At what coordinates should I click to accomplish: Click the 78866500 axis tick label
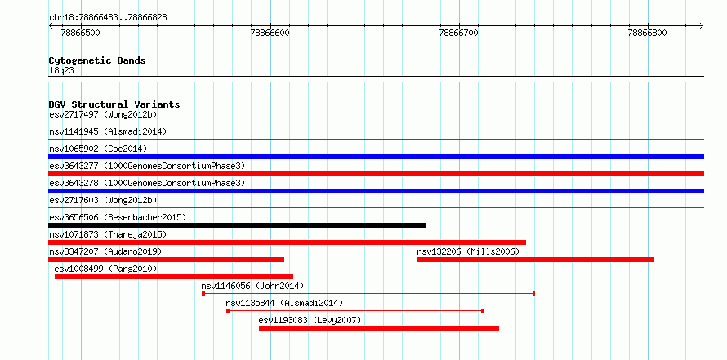tap(81, 33)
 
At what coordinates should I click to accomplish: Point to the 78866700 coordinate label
tap(459, 33)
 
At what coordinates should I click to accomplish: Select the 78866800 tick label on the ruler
tap(647, 33)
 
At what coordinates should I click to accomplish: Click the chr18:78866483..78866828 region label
tap(108, 18)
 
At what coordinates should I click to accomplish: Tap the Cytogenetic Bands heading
tap(97, 60)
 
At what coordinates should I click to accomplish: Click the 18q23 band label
tap(61, 70)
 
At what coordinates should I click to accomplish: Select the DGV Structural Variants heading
tap(114, 104)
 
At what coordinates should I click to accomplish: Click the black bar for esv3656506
tap(237, 225)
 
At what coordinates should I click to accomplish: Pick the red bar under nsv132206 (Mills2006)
tap(536, 260)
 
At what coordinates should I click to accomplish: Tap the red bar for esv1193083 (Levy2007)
tap(379, 328)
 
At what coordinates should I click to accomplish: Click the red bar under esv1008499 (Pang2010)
tap(174, 277)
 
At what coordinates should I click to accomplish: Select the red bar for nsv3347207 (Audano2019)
tap(166, 260)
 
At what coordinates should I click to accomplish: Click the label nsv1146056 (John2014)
tap(252, 286)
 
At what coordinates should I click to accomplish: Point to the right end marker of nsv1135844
tap(483, 311)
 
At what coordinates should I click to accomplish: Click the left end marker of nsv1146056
tap(203, 294)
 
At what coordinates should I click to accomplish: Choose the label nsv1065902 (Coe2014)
tap(98, 149)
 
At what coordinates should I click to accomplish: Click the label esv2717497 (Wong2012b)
tap(103, 114)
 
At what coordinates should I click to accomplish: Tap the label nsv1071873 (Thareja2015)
tap(108, 234)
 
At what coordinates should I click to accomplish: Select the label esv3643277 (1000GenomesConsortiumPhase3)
tap(147, 166)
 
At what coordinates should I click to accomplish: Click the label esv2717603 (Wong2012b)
tap(103, 200)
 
